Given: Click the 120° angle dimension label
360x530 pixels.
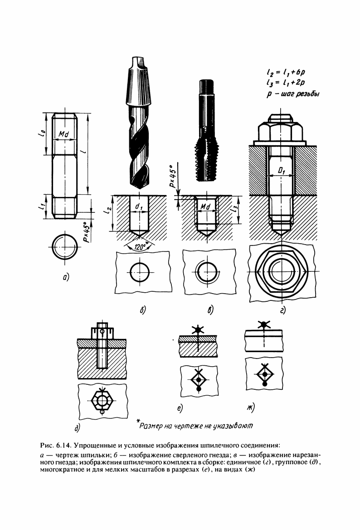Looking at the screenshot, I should pos(136,248).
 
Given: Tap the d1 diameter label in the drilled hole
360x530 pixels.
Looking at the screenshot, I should pos(140,206).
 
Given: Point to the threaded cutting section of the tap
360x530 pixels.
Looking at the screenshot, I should pos(206,160).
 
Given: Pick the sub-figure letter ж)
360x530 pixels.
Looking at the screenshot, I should pos(250,408).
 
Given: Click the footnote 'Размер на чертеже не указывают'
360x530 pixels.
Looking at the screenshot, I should pos(195,426).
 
